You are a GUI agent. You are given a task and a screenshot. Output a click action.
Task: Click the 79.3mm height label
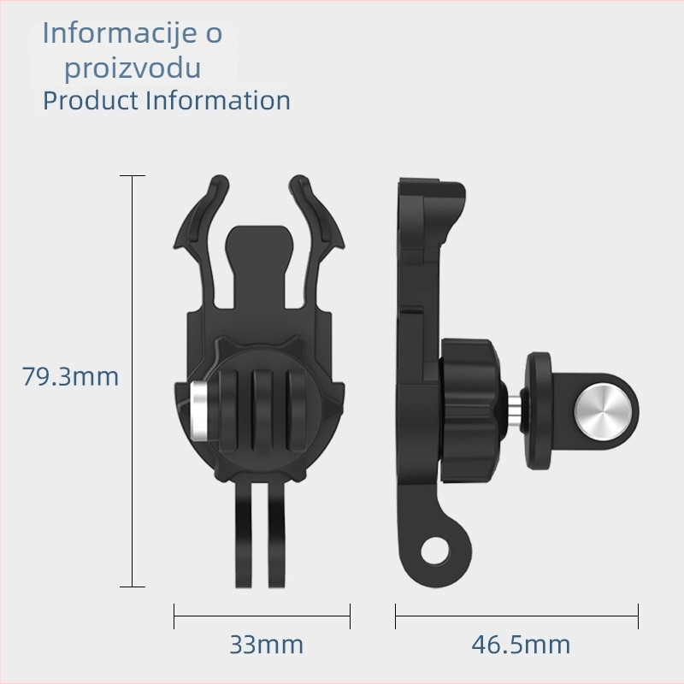point(70,376)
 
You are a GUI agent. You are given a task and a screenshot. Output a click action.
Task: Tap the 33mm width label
point(266,644)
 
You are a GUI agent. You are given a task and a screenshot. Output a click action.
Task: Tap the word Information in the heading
point(218,100)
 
